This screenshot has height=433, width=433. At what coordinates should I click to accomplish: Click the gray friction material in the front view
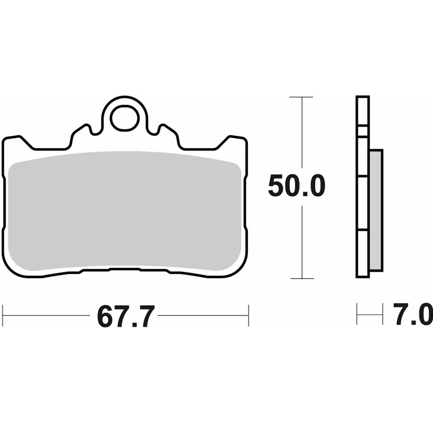pyautogui.click(x=124, y=211)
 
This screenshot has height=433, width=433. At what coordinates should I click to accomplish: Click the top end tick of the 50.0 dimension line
pyautogui.click(x=301, y=97)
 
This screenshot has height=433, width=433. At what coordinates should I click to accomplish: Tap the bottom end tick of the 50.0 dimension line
pyautogui.click(x=301, y=279)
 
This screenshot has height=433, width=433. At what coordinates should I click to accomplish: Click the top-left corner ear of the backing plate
pyautogui.click(x=14, y=140)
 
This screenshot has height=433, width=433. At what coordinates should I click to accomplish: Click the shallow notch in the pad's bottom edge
pyautogui.click(x=124, y=269)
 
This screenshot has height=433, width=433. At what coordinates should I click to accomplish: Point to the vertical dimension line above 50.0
pyautogui.click(x=301, y=135)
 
